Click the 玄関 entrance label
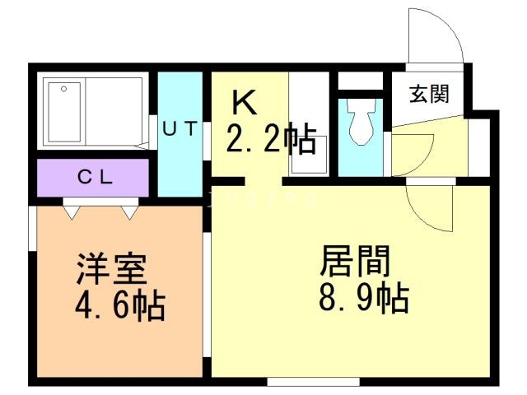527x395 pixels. (429, 94)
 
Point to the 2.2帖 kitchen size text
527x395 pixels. (270, 141)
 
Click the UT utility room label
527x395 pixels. (179, 128)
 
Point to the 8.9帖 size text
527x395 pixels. (363, 297)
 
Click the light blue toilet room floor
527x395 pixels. (361, 160)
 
